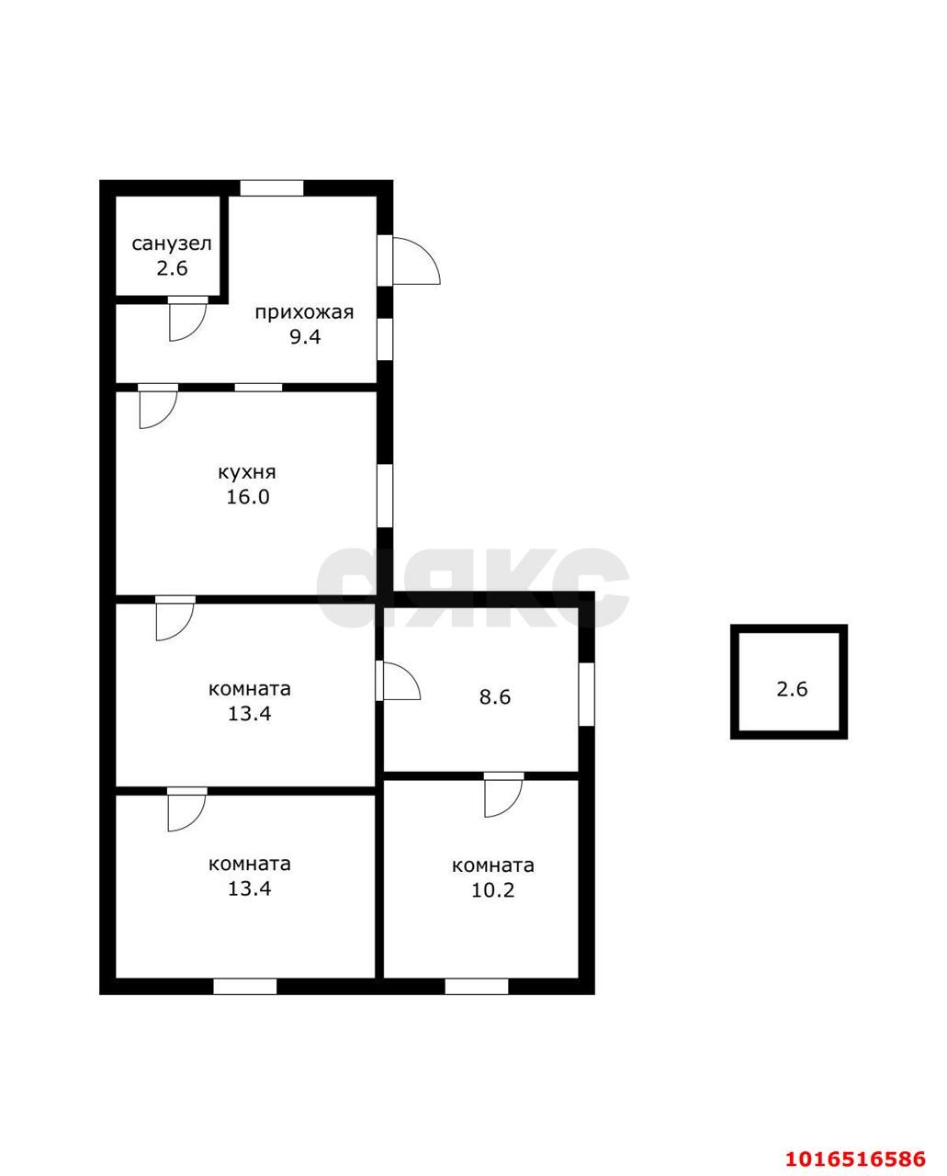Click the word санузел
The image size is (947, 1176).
click(x=172, y=243)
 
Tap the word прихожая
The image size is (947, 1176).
click(x=304, y=312)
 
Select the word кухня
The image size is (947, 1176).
click(x=247, y=471)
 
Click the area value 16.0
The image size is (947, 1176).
click(x=248, y=497)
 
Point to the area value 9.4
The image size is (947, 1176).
click(x=305, y=337)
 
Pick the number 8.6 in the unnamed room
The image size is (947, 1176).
click(x=494, y=697)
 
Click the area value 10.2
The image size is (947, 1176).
click(x=493, y=891)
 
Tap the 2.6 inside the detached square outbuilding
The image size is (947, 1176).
click(x=792, y=689)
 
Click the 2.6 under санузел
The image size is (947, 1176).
click(x=172, y=268)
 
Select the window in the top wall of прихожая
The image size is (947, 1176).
click(x=272, y=187)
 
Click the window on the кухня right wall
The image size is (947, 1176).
click(x=385, y=496)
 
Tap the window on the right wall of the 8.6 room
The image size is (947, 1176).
click(x=586, y=695)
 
